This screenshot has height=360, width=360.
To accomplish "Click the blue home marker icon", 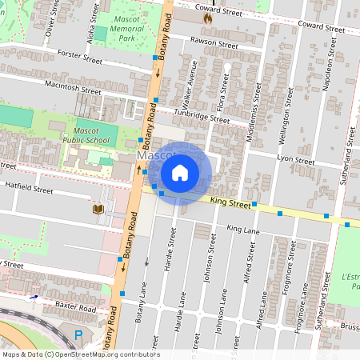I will pyautogui.click(x=180, y=172).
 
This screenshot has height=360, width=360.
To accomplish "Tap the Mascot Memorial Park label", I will pyautogui.click(x=126, y=32).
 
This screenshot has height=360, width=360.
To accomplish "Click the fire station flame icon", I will pyautogui.click(x=208, y=16).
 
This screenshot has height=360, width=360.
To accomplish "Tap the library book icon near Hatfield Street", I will pyautogui.click(x=98, y=210).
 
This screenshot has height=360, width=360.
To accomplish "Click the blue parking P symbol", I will pyautogui.click(x=78, y=335).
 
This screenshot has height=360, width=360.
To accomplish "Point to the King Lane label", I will pyautogui.click(x=244, y=230).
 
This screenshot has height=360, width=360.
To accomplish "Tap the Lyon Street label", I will pyautogui.click(x=295, y=158).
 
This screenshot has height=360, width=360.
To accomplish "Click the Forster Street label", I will pyautogui.click(x=81, y=55).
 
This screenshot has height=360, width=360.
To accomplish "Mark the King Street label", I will pyautogui.click(x=230, y=205).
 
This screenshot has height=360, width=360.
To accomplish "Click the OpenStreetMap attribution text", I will pyautogui.click(x=80, y=354).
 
